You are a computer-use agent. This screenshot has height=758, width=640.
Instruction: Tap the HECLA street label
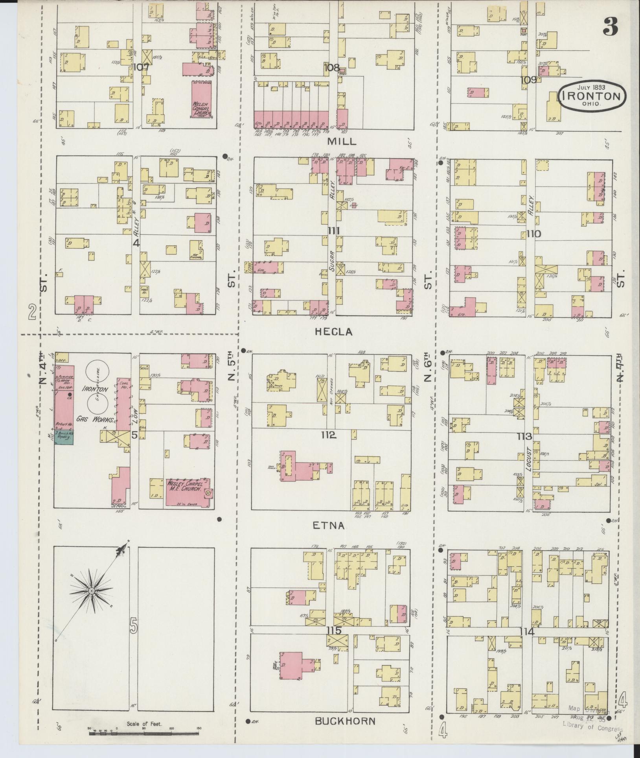coord(333,332)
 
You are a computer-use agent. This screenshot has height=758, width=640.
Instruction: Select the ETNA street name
coord(329,526)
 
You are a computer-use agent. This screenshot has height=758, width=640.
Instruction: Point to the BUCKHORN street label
coord(345,721)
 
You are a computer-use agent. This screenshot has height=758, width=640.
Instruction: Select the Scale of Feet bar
coord(144,734)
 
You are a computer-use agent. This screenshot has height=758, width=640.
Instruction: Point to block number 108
coord(331,68)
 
